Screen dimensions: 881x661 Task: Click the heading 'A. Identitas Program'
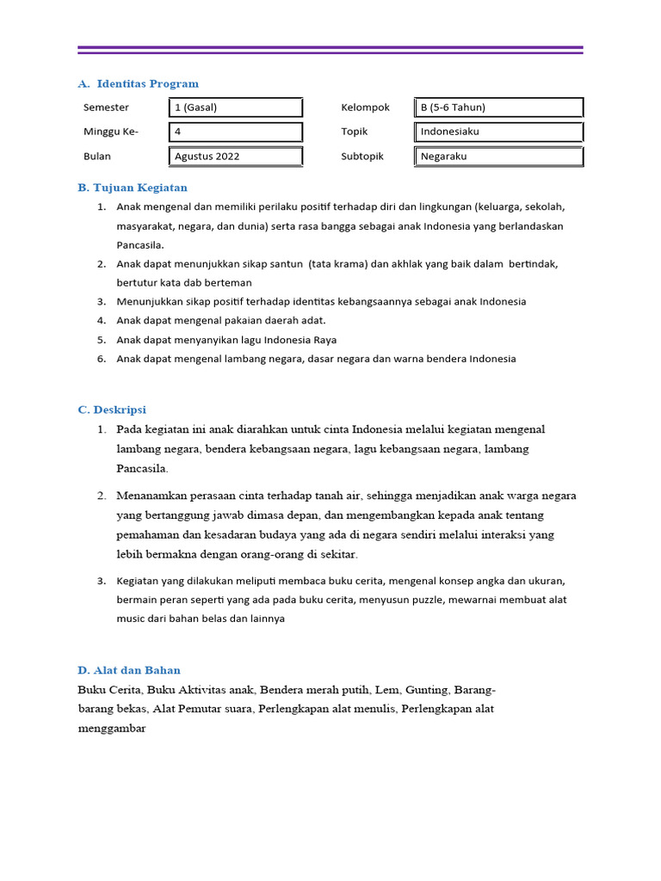point(138,83)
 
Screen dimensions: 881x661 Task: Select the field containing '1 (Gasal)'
point(235,108)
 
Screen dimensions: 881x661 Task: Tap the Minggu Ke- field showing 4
point(235,132)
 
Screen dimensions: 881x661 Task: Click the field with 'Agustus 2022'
point(235,157)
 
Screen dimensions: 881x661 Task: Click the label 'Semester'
point(106,108)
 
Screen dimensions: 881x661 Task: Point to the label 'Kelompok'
point(365,108)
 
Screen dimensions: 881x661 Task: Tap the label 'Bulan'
point(97,157)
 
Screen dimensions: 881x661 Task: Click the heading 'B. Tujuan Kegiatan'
point(133,188)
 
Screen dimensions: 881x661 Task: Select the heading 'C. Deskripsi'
point(112,410)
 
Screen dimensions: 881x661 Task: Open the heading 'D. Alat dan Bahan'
point(129,670)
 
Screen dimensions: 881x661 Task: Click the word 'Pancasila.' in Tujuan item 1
point(140,245)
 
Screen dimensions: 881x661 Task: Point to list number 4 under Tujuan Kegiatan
point(101,321)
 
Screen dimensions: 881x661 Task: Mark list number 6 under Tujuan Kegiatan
point(101,359)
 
